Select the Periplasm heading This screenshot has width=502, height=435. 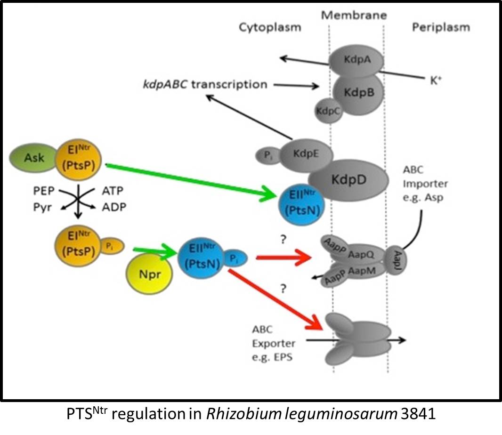click(441, 27)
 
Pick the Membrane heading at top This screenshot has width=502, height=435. click(354, 15)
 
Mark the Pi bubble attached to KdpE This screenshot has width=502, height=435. click(265, 154)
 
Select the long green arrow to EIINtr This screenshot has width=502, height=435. click(188, 181)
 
